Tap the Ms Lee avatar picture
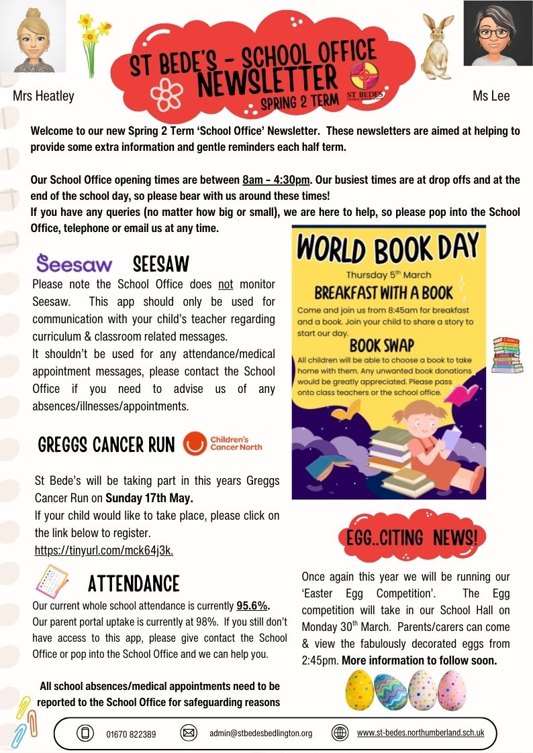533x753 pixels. point(497,34)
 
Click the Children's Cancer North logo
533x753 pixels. point(223,443)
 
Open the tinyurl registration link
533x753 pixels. point(104,551)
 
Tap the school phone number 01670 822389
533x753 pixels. point(131,734)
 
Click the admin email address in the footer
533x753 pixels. point(260,734)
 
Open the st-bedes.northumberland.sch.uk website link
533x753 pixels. point(420,733)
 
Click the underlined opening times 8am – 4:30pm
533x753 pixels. point(276,180)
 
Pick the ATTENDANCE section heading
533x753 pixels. point(134,583)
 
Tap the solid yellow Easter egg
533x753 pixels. point(359,691)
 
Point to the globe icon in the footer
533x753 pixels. point(340,733)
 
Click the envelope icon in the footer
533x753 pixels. point(189,733)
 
